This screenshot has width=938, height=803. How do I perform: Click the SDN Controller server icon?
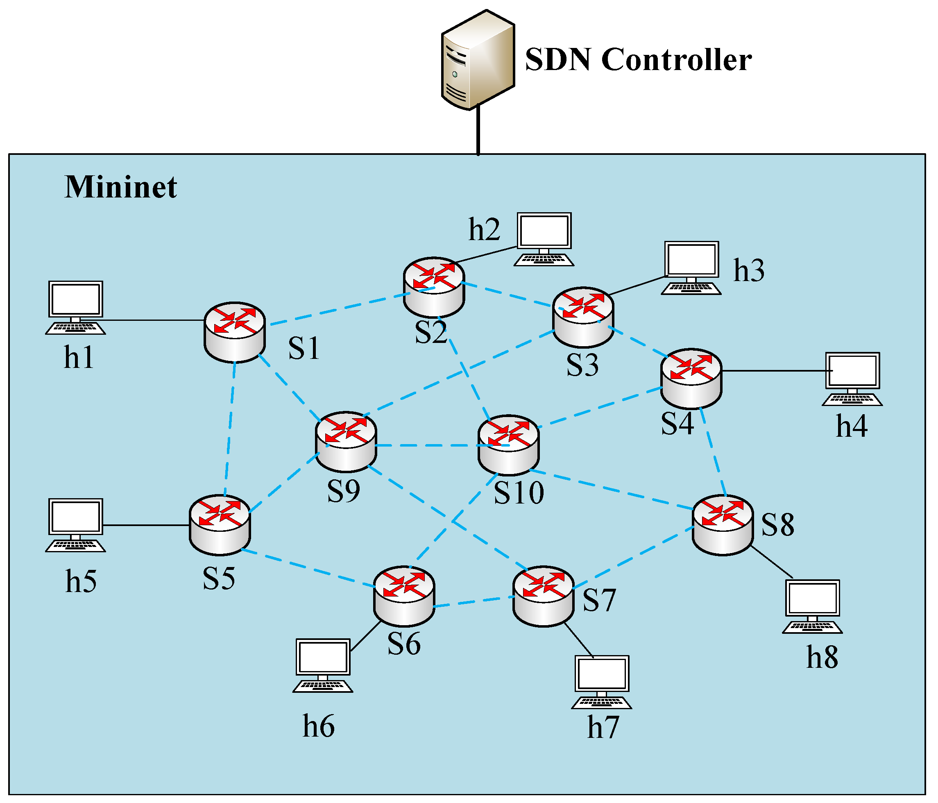point(478,60)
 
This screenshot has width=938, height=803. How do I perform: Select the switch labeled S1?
point(234,332)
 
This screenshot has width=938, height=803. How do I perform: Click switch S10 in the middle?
point(508,445)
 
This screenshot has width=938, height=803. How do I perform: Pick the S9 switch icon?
point(346,442)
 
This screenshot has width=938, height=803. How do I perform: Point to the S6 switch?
point(404,596)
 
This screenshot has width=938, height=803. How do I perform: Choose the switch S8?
point(723,525)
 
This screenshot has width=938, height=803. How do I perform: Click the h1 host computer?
point(76,308)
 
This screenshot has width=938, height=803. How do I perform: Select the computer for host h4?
point(852,379)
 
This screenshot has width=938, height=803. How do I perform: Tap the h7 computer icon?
point(602,682)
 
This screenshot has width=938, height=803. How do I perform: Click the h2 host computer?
point(544,239)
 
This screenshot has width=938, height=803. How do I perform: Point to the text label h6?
point(319,726)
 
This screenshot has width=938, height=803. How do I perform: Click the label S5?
point(219,578)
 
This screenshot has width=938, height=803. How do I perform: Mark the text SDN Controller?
point(638,59)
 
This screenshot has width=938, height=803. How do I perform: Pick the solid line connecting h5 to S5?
point(146,525)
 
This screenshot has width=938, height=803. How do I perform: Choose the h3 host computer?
point(691,268)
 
